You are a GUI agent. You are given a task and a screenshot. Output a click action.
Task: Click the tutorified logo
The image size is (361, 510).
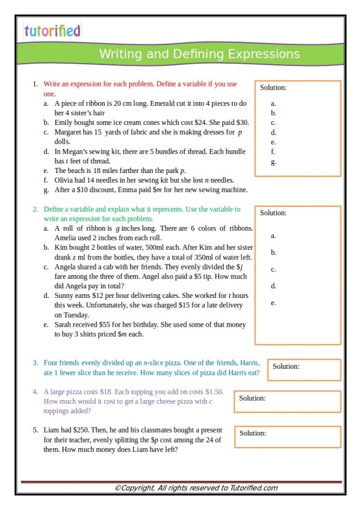click(52, 31)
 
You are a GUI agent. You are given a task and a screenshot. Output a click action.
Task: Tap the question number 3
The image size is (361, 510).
click(35, 363)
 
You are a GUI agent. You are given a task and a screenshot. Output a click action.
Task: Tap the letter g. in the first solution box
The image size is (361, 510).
click(274, 162)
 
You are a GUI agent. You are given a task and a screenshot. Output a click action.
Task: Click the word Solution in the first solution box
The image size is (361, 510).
click(273, 88)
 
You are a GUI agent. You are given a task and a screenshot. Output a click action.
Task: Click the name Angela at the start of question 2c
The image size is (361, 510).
click(67, 267)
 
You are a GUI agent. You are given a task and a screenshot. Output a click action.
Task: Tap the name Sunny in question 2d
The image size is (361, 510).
click(65, 296)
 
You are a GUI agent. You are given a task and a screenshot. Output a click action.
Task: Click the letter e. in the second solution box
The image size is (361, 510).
click(274, 303)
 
